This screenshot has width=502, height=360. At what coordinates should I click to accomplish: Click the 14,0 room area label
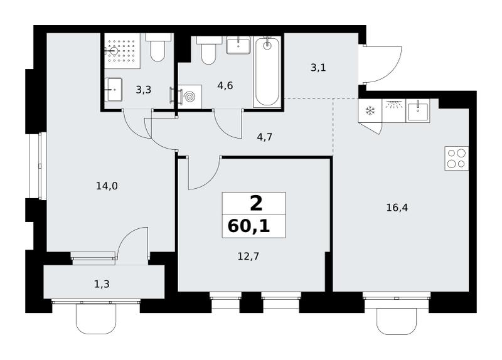tap(107, 186)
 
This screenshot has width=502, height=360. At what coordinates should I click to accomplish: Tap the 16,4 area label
tap(397, 208)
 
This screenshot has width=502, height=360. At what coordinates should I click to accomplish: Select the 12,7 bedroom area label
tap(248, 257)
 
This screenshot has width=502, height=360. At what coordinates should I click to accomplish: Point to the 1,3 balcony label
tap(102, 284)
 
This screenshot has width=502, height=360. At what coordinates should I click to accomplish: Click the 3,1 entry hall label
tap(318, 68)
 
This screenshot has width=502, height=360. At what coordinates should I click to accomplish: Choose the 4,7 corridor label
tap(265, 137)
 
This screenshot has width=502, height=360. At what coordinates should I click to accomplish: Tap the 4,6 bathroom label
tap(225, 86)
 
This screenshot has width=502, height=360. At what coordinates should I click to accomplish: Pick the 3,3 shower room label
tap(144, 90)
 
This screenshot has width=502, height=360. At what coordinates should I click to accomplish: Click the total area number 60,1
tap(248, 226)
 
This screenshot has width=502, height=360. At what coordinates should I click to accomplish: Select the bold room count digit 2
tap(256, 204)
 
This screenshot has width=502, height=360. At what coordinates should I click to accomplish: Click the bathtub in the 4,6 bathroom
tap(267, 71)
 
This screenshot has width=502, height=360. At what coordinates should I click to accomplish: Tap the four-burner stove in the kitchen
tap(457, 158)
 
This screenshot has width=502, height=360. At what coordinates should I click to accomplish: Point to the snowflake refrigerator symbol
tap(370, 111)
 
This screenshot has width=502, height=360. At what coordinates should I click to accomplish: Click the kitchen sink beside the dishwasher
tap(418, 110)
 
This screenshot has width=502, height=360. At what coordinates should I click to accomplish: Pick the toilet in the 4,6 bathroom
tap(209, 50)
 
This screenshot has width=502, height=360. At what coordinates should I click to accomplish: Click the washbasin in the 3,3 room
tap(114, 90)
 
